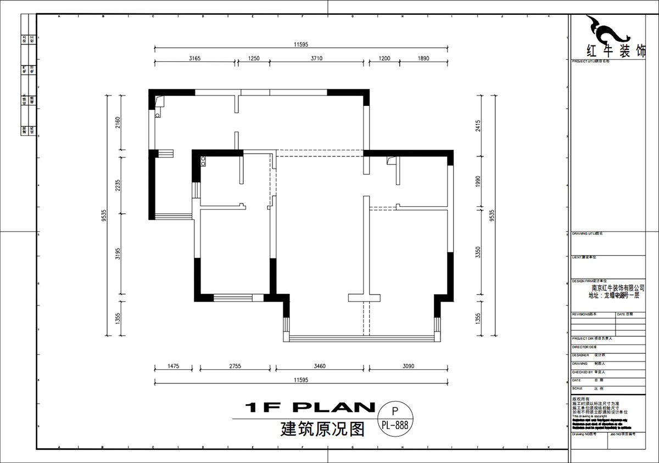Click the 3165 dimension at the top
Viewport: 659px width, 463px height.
195,58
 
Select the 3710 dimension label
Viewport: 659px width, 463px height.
318,58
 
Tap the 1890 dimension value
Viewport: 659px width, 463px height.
423,58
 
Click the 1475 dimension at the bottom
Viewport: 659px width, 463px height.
174,365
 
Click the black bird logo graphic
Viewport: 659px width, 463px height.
604,30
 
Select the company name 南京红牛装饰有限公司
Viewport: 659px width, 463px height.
617,287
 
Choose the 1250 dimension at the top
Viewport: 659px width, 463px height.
253,58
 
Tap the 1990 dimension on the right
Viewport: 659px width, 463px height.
478,182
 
